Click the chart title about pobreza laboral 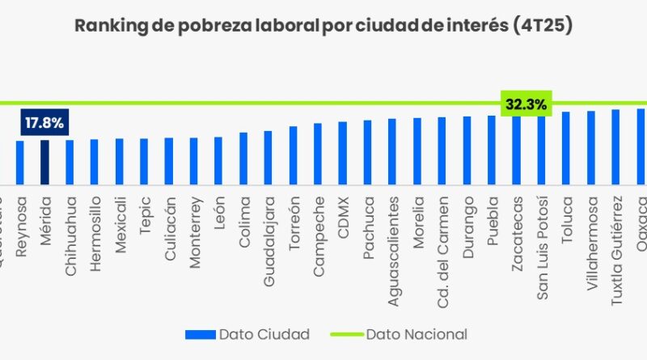[323, 26]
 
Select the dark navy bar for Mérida [44, 162]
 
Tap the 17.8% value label [44, 123]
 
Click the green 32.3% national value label [526, 104]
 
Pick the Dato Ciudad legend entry [247, 333]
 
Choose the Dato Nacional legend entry [399, 333]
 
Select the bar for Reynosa [20, 162]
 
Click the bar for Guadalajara [268, 157]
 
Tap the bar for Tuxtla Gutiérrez [615, 146]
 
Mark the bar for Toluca [566, 148]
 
